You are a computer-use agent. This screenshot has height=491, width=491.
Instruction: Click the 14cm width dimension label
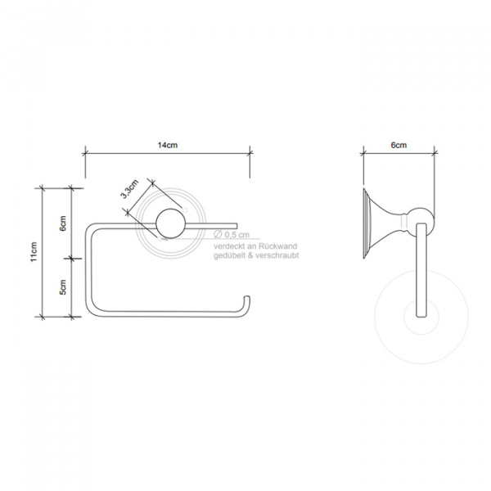168,146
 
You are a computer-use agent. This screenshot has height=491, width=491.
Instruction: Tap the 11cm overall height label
34,252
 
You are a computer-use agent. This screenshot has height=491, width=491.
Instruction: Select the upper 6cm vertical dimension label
63,223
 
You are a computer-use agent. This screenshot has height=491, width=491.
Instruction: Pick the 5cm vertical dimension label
63,287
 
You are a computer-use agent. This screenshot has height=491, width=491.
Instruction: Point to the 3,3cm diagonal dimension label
129,189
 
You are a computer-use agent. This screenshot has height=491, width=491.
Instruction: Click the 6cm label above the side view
399,146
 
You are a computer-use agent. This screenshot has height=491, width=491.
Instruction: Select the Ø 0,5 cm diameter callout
232,235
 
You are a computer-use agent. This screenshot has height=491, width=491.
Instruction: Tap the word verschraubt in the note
277,255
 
